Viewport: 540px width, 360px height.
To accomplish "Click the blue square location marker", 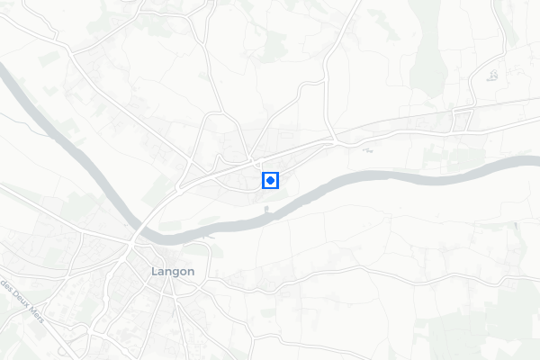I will (x=270, y=181).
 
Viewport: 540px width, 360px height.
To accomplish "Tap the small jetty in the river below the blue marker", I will (x=266, y=211).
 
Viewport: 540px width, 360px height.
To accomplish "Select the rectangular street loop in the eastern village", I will (x=463, y=118).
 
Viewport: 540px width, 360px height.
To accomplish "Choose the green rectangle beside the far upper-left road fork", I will (x=49, y=58).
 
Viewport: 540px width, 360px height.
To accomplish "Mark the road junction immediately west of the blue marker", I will (x=253, y=164).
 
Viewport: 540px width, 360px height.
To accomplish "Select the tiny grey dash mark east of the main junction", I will (x=367, y=150).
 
